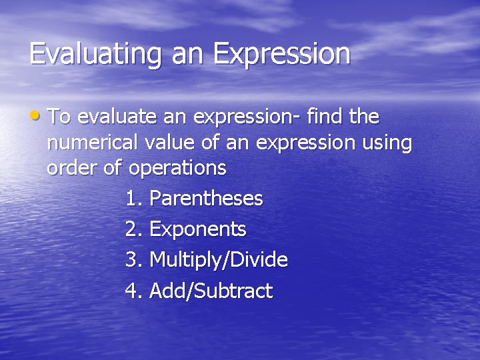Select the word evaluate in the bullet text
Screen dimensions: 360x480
[x=117, y=118]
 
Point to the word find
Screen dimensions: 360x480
[x=326, y=117]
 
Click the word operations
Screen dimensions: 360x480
[x=177, y=169]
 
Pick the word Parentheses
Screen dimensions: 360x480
[x=206, y=199]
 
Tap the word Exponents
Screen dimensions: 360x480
[x=198, y=230]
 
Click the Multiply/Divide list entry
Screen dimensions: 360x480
[x=219, y=260]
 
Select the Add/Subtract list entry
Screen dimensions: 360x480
[x=211, y=291]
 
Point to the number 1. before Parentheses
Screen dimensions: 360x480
[x=133, y=199]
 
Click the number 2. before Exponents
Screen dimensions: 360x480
[x=133, y=229]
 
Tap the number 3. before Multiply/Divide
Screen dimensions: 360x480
[x=133, y=260]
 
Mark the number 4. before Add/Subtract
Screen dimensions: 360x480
[x=133, y=291]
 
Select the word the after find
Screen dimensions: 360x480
[x=364, y=117]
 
